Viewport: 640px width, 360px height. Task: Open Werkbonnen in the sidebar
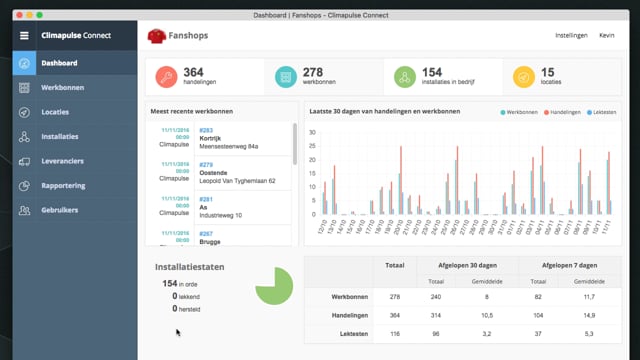(x=62, y=87)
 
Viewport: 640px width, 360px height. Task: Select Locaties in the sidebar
(x=55, y=112)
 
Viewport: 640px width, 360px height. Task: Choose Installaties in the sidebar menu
(x=61, y=136)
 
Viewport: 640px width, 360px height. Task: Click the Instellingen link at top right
(x=571, y=35)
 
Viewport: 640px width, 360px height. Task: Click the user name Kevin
(x=607, y=35)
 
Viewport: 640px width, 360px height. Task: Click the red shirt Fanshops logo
(x=157, y=36)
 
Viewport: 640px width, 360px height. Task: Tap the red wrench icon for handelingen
(x=167, y=77)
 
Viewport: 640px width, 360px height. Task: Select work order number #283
(x=206, y=129)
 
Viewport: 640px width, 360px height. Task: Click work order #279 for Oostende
(x=206, y=164)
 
